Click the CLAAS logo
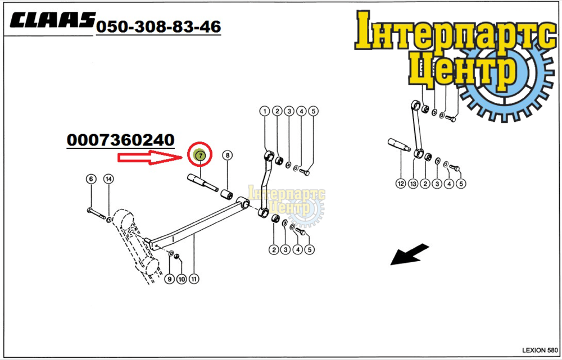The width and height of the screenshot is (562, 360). click(53, 20)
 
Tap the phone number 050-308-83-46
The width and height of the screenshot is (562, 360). click(158, 26)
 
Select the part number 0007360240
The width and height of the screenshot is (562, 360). click(120, 140)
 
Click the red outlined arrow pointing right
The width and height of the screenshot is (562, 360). click(151, 158)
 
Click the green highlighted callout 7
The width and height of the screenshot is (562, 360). click(201, 155)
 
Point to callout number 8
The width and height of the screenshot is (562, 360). click(227, 155)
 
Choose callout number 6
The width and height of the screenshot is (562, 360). click(91, 179)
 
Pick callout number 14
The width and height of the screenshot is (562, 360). click(108, 179)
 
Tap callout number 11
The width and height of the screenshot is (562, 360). click(194, 279)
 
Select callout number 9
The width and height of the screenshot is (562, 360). click(170, 279)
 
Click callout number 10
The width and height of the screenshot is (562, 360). click(182, 279)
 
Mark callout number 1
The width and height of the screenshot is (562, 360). click(265, 111)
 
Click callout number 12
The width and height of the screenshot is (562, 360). click(400, 184)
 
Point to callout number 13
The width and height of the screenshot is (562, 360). click(413, 184)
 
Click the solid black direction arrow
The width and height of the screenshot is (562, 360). click(409, 254)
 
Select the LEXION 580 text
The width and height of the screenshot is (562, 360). click(540, 350)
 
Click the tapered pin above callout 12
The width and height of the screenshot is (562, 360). click(398, 144)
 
